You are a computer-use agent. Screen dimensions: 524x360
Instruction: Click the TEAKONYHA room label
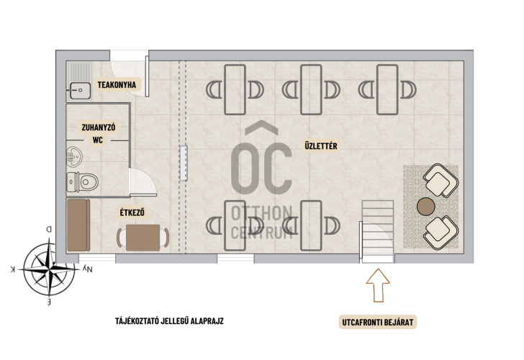(x=117, y=85)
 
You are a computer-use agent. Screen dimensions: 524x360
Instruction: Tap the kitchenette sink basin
(x=80, y=91)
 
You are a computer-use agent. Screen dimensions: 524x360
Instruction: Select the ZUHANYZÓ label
(x=98, y=127)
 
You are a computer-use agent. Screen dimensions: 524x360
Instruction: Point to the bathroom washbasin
(x=74, y=157)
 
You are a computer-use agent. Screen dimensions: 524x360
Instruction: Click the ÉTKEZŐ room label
(x=132, y=212)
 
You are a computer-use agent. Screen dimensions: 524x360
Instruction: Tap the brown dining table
(x=143, y=238)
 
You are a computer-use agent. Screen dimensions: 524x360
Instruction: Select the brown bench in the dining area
(x=78, y=225)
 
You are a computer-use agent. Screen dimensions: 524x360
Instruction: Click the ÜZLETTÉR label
(x=321, y=145)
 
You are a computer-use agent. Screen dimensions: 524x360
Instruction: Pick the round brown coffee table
(x=426, y=207)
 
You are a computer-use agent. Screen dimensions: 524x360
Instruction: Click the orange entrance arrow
(x=378, y=285)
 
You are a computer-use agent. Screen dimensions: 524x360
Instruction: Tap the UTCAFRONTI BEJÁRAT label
(x=378, y=323)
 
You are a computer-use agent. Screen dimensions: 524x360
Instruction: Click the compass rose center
(x=50, y=269)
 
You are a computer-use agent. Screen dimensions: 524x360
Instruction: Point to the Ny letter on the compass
(x=87, y=269)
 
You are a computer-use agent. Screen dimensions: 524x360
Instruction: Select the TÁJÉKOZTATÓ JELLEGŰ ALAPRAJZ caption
(x=169, y=321)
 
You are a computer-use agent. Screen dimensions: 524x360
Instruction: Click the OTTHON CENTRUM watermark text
(x=262, y=222)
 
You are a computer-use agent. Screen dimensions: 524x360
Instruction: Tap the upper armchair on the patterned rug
(x=441, y=180)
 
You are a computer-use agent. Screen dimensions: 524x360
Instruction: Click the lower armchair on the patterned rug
(x=441, y=233)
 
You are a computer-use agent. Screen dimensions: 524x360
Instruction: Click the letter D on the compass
(x=49, y=230)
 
